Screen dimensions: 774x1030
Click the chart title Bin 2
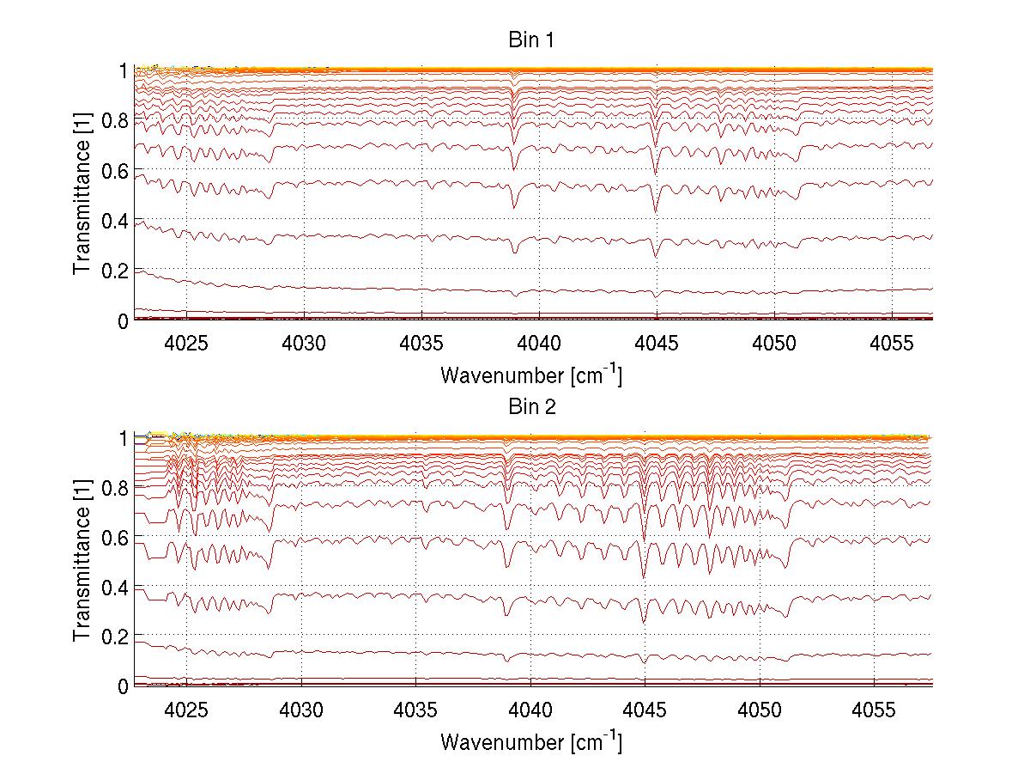coord(532,407)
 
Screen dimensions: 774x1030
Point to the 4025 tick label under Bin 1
coord(187,343)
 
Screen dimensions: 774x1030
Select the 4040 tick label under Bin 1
coord(540,343)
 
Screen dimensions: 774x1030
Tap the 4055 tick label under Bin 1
coord(892,343)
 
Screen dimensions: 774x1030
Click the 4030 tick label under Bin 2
coord(301,710)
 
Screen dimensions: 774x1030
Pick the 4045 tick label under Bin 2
coord(645,710)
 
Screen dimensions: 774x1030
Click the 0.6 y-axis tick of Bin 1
coord(112,171)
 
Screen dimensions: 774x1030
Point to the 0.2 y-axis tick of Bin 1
coord(112,271)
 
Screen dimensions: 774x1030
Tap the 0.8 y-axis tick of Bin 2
coord(112,487)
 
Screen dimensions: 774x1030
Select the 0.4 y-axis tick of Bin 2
coord(112,587)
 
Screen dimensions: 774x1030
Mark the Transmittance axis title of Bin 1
coord(82,195)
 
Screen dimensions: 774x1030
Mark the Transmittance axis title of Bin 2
coord(82,562)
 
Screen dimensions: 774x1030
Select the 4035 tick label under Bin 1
coord(422,343)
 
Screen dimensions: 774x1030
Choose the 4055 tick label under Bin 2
coord(874,710)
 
